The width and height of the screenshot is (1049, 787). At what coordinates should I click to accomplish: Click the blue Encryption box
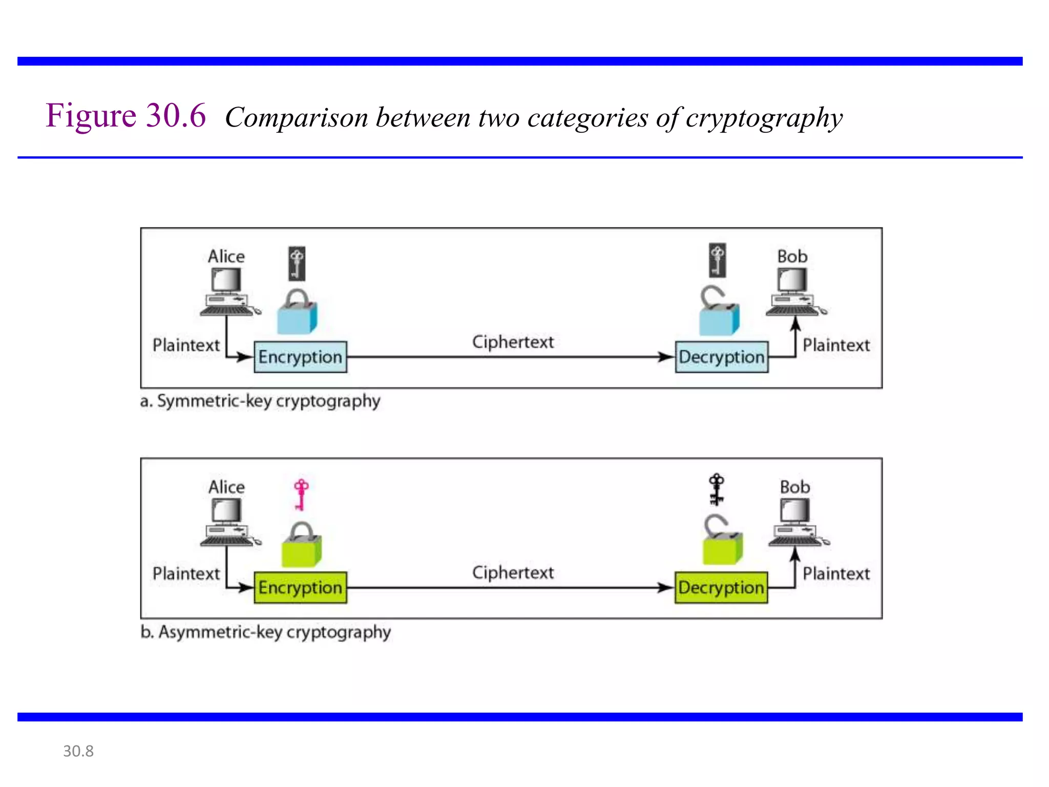coord(300,357)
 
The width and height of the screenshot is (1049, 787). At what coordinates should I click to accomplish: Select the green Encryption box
coord(300,587)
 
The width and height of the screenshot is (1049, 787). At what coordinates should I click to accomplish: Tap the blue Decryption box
coord(721,357)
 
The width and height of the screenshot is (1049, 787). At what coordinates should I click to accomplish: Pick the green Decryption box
coord(721,587)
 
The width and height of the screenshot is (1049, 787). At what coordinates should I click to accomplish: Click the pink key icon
coord(301,494)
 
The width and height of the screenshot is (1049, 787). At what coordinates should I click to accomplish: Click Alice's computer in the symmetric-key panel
coord(227,292)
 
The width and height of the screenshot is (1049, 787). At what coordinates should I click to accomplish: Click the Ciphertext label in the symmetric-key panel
coord(513,342)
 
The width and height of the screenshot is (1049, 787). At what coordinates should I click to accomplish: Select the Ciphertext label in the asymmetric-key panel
coord(513,572)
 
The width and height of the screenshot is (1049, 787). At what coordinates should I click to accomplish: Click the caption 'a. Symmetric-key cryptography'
coord(260,401)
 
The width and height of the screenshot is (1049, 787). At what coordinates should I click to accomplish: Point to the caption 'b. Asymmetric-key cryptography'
coord(265,632)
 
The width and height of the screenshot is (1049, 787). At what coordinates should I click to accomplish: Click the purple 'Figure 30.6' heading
coord(126,115)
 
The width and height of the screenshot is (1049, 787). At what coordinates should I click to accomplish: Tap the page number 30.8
coord(78,751)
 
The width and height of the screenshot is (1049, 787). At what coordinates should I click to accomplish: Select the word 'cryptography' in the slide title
coord(764,118)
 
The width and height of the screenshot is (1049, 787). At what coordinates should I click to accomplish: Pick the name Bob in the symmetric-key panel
coord(792,256)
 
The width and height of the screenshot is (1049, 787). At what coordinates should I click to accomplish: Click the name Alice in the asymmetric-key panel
coord(226,487)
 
